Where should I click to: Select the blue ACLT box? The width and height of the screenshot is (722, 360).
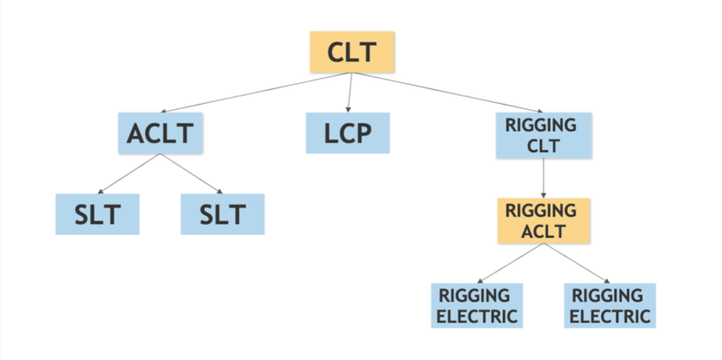pyautogui.click(x=161, y=134)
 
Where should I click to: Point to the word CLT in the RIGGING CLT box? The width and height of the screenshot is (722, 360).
pyautogui.click(x=543, y=146)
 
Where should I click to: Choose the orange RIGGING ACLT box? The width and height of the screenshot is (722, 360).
pyautogui.click(x=543, y=220)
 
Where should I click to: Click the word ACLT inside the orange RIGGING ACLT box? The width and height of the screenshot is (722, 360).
pyautogui.click(x=543, y=231)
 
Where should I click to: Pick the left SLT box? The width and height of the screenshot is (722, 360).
pyautogui.click(x=97, y=214)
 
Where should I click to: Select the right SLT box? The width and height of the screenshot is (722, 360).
pyautogui.click(x=223, y=214)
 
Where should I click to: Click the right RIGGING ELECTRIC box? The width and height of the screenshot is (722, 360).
pyautogui.click(x=610, y=306)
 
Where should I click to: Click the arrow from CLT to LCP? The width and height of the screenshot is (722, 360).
pyautogui.click(x=347, y=93)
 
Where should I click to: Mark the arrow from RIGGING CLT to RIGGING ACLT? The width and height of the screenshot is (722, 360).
pyautogui.click(x=543, y=179)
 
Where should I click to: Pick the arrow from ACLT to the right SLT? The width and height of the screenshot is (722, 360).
pyautogui.click(x=192, y=174)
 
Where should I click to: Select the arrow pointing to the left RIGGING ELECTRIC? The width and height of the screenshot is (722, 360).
pyautogui.click(x=510, y=263)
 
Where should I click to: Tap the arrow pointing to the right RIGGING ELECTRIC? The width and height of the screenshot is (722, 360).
pyautogui.click(x=577, y=263)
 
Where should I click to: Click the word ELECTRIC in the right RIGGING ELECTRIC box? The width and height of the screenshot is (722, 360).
pyautogui.click(x=610, y=317)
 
